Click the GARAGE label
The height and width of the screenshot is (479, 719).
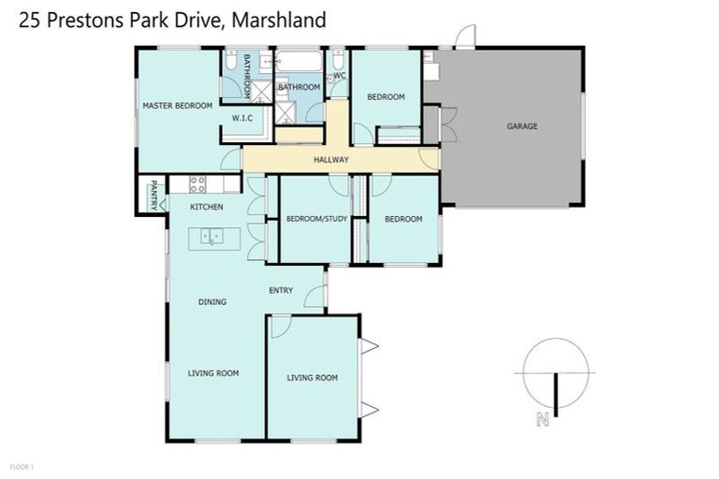(521, 126)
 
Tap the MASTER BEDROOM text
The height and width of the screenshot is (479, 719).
(177, 106)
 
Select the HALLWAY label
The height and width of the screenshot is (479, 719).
(330, 160)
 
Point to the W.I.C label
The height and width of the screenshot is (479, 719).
(243, 118)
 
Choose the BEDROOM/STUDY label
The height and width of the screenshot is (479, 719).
(315, 219)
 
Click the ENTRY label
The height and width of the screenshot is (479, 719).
(281, 290)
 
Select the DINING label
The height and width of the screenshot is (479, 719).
(212, 302)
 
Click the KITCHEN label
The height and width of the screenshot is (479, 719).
(206, 207)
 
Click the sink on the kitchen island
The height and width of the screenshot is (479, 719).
(213, 237)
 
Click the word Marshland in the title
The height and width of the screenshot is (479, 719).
(281, 20)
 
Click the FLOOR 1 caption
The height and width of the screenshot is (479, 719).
(22, 465)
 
